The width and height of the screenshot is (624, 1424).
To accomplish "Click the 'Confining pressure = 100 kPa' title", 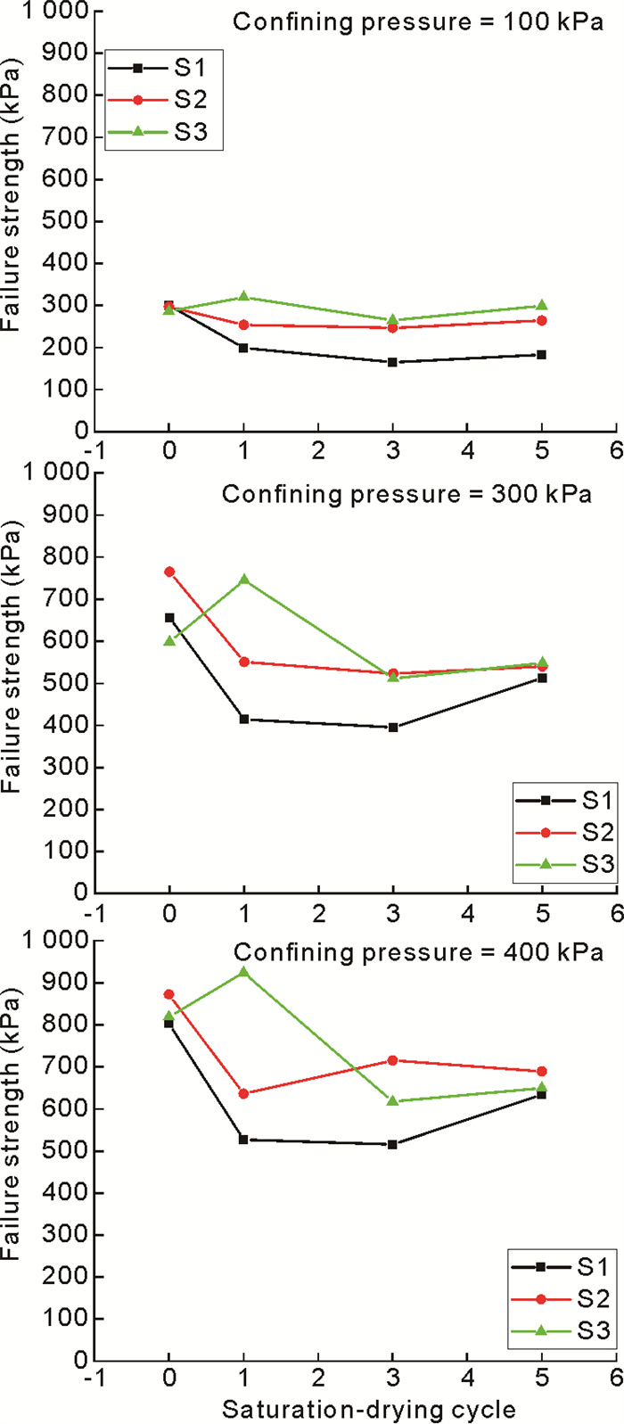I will pyautogui.click(x=417, y=21).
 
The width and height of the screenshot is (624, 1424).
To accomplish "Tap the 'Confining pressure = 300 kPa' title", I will pyautogui.click(x=406, y=493).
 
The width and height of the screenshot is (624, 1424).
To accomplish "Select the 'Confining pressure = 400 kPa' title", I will pyautogui.click(x=418, y=952).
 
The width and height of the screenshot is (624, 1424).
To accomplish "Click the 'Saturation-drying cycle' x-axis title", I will pyautogui.click(x=368, y=1409).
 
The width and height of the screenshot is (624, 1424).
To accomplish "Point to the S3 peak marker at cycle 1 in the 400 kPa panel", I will pyautogui.click(x=243, y=972).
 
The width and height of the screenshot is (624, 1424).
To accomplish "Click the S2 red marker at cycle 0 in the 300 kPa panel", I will pyautogui.click(x=169, y=572).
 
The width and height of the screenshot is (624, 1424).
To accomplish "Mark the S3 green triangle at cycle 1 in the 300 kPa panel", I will pyautogui.click(x=243, y=580).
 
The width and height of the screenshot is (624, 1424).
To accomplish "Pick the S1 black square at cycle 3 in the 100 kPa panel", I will pyautogui.click(x=392, y=362).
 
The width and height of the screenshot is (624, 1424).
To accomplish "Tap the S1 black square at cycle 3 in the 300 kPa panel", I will pyautogui.click(x=392, y=727).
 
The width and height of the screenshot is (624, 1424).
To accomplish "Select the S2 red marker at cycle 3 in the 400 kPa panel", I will pyautogui.click(x=392, y=1060).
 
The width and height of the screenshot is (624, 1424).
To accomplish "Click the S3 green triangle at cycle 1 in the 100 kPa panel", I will pyautogui.click(x=243, y=297).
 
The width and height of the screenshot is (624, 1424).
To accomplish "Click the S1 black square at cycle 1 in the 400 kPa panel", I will pyautogui.click(x=243, y=1140).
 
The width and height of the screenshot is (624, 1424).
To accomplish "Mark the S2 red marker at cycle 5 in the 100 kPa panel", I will pyautogui.click(x=542, y=321).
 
